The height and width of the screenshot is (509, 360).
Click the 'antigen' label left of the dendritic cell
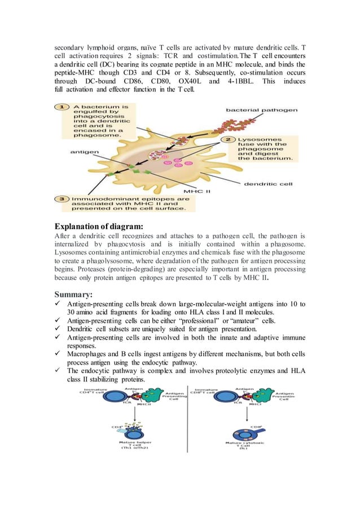click(82, 151)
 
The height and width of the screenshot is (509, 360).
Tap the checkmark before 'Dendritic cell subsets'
click(58, 328)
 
